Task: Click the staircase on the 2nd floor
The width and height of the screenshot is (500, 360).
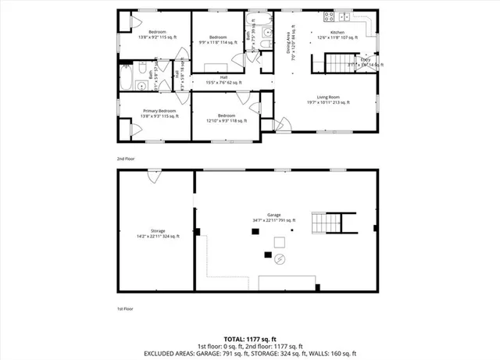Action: [x=341, y=62]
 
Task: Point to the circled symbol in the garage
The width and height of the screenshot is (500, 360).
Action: [x=280, y=259]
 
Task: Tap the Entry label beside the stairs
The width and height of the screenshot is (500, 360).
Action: [x=365, y=62]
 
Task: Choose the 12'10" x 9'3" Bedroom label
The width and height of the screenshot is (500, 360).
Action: [x=227, y=117]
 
